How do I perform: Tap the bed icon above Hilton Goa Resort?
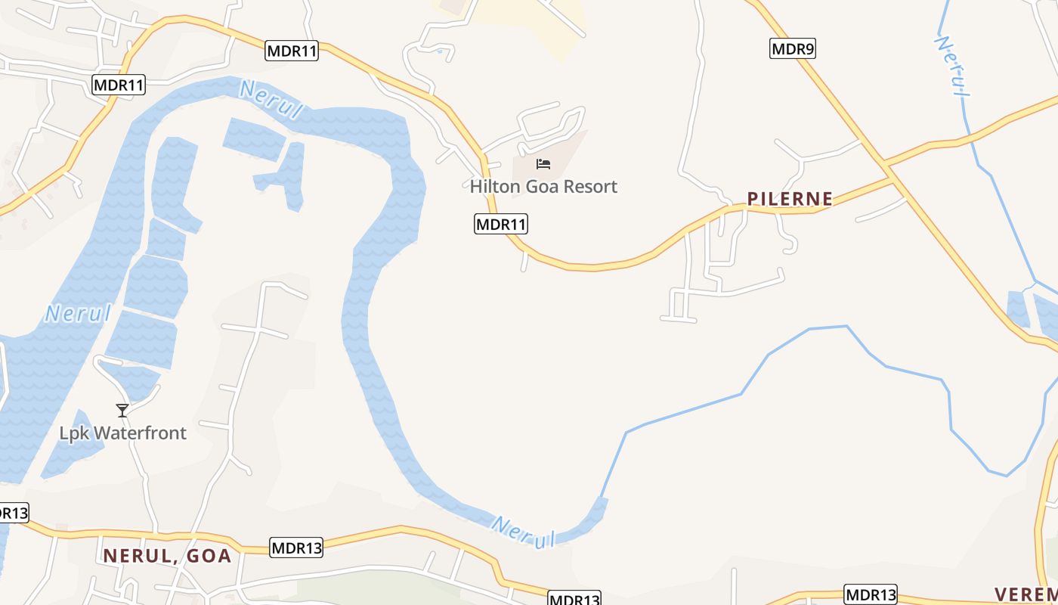point(543,164)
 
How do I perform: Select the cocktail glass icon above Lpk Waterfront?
point(122,411)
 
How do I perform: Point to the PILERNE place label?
point(790,199)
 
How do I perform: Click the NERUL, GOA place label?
point(167,556)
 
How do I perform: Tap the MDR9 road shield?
point(793,49)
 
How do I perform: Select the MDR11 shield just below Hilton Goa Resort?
point(501,224)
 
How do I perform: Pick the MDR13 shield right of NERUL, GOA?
point(296,548)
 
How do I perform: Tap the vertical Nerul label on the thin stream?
point(954,66)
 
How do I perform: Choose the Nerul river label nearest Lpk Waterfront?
point(77,313)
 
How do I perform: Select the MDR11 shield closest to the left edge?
point(119,85)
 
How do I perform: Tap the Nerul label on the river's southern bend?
point(523,532)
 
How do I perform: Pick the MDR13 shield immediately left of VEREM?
point(871,594)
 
